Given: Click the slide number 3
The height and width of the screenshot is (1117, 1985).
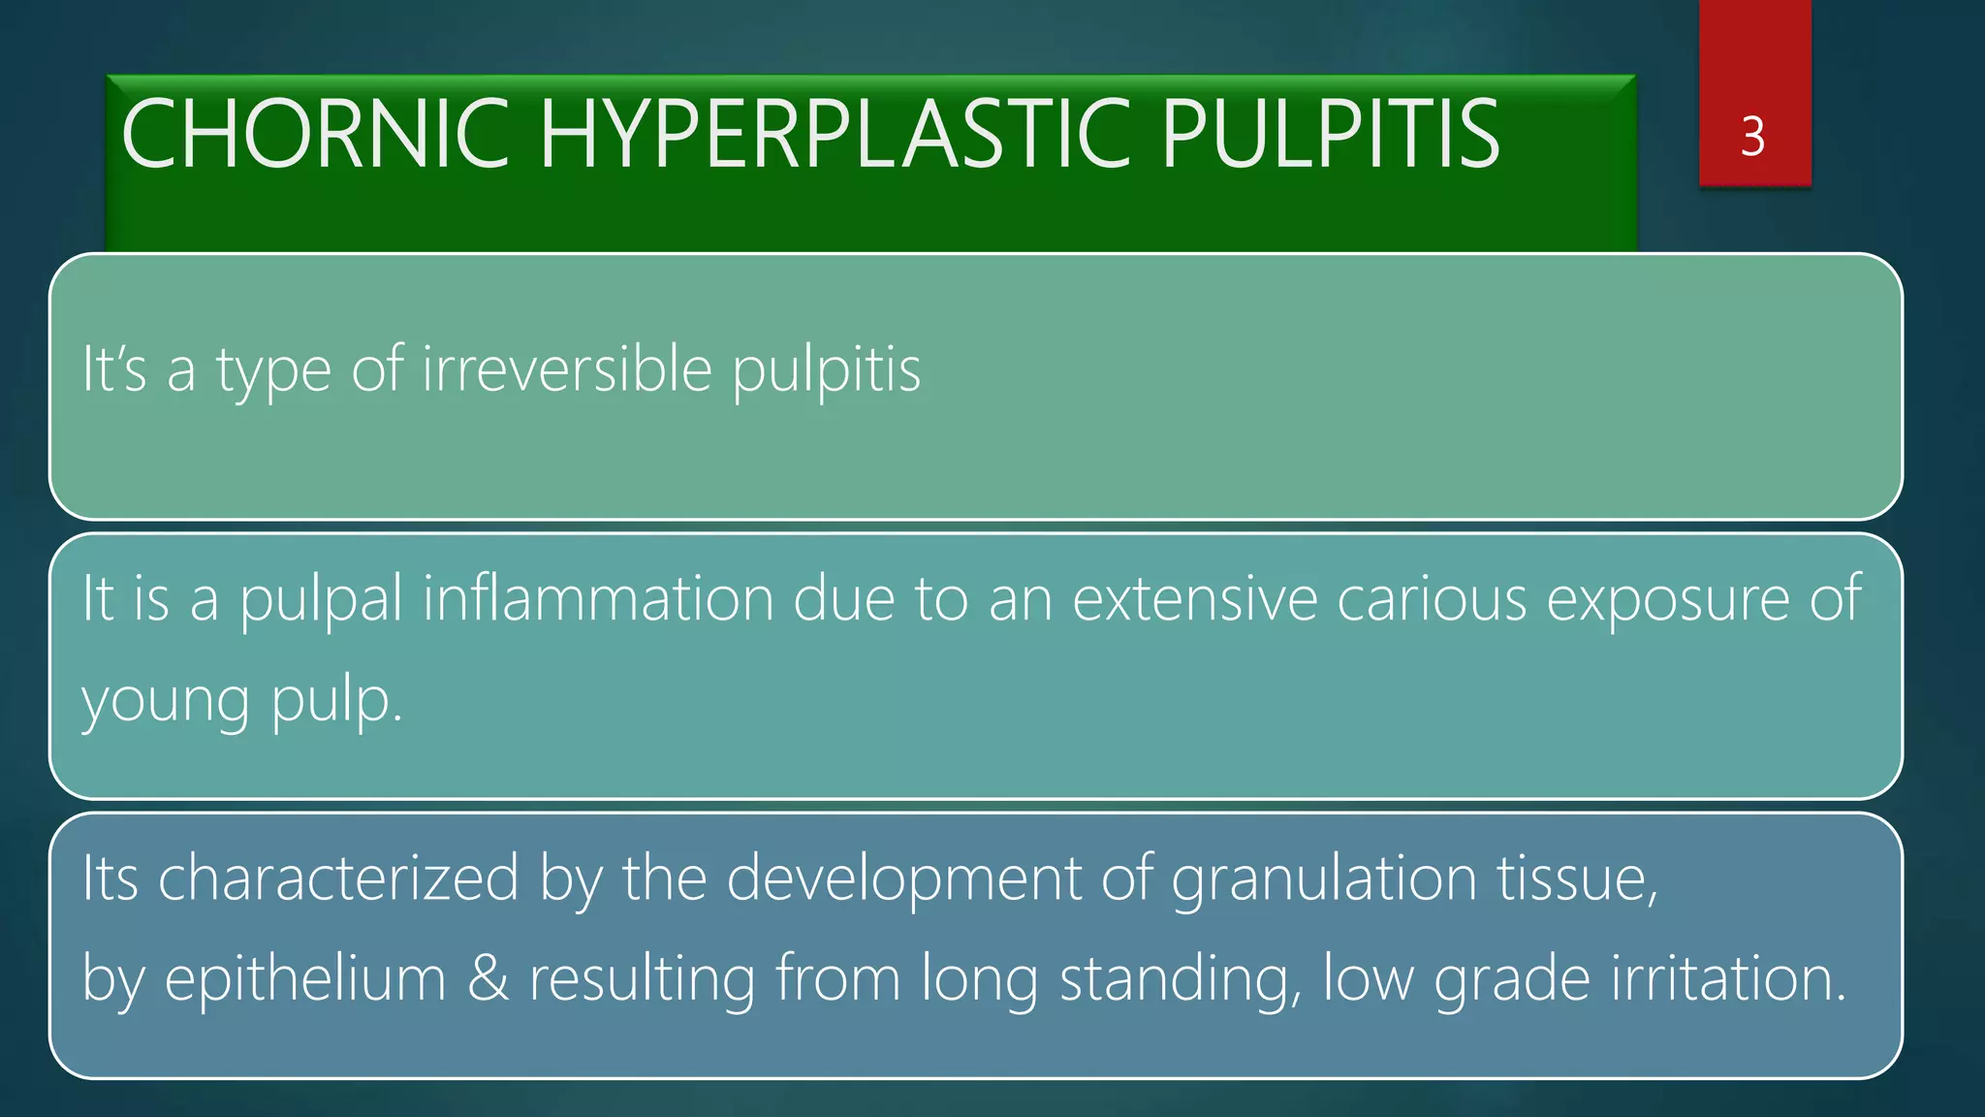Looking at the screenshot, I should pyautogui.click(x=1752, y=137).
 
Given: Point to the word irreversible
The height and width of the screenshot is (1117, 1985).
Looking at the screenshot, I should pyautogui.click(x=567, y=369).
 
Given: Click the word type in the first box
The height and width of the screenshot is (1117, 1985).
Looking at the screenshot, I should pyautogui.click(x=273, y=371).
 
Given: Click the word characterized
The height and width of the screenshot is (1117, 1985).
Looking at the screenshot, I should pyautogui.click(x=338, y=878).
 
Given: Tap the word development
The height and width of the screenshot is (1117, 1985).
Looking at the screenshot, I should pyautogui.click(x=903, y=880).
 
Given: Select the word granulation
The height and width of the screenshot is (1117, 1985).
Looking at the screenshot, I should pyautogui.click(x=1324, y=880).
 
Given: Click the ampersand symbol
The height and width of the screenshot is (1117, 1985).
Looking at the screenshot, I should pyautogui.click(x=488, y=979).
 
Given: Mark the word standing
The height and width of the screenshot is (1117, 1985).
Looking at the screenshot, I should pyautogui.click(x=1181, y=980).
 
